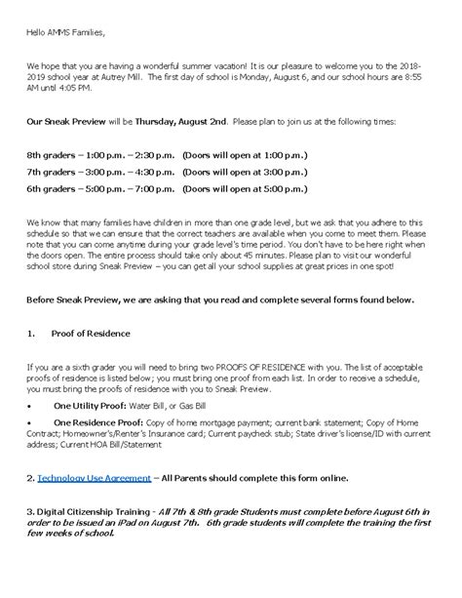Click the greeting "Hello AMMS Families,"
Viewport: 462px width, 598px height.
coord(58,35)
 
